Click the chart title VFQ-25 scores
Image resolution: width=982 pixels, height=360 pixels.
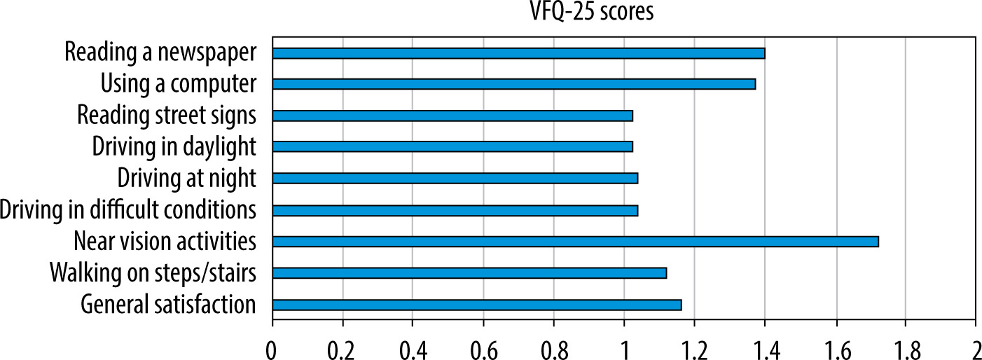[x=592, y=11]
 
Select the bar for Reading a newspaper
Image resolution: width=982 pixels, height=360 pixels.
[x=518, y=53]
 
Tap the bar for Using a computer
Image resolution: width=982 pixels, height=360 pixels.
[x=514, y=84]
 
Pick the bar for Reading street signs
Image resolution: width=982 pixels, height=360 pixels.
[x=452, y=116]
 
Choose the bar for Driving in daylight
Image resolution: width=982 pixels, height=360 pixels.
[x=452, y=146]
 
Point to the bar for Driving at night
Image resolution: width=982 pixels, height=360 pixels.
[x=455, y=179]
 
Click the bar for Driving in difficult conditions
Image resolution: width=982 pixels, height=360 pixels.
[x=455, y=211]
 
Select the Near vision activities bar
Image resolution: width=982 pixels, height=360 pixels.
[x=576, y=242]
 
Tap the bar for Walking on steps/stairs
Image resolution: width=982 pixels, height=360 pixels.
[x=469, y=273]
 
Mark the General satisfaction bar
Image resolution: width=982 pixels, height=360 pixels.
[x=477, y=305]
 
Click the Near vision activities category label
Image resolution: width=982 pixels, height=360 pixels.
[x=165, y=241]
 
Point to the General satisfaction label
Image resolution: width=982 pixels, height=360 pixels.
[x=168, y=304]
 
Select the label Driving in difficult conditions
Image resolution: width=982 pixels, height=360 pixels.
[x=128, y=209]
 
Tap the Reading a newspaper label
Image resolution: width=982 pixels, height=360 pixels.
[x=160, y=53]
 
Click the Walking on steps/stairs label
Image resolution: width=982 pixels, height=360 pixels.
[x=153, y=272]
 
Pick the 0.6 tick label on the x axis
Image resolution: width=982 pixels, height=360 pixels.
[x=483, y=351]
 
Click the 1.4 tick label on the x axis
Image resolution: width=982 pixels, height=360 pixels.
[x=765, y=351]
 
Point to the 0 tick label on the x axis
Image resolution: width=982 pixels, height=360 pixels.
[x=272, y=351]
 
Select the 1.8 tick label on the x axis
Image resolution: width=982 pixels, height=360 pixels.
[x=905, y=351]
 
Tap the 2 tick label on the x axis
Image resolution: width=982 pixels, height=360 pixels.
[x=976, y=351]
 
